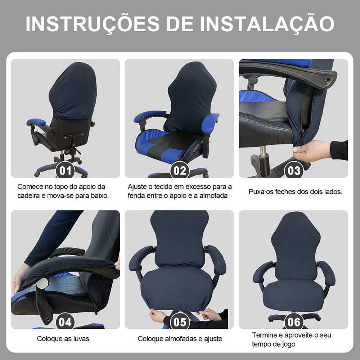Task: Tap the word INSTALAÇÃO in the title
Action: click(x=267, y=24)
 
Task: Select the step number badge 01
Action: click(x=66, y=171)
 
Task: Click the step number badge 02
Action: click(x=180, y=171)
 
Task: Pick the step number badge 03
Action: click(x=294, y=171)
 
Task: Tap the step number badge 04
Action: click(x=66, y=322)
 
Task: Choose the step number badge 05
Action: click(x=180, y=322)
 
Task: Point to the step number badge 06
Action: click(x=294, y=322)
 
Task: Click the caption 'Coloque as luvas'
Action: click(x=63, y=339)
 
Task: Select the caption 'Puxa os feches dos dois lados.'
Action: click(x=296, y=192)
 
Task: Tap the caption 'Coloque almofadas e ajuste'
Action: click(x=180, y=339)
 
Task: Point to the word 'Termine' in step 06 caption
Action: click(x=264, y=335)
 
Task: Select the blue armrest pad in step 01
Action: click(x=37, y=122)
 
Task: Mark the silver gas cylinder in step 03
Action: click(x=263, y=152)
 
